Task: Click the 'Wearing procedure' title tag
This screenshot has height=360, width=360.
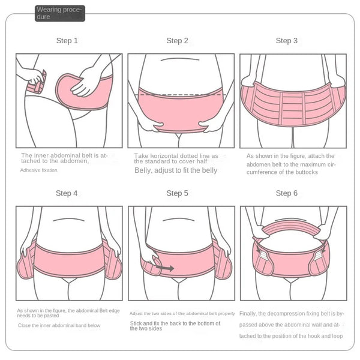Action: (59, 13)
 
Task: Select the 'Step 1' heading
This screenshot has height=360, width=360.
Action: (67, 41)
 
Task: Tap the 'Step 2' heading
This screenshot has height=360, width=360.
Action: (177, 41)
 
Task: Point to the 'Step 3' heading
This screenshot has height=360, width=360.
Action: (287, 41)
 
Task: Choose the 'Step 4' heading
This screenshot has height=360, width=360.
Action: (67, 193)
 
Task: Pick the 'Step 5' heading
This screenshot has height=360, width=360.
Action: (177, 193)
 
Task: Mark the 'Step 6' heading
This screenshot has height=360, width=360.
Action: (287, 193)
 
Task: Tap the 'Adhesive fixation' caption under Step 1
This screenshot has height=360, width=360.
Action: (39, 170)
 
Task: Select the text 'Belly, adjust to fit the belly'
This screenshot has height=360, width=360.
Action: (175, 170)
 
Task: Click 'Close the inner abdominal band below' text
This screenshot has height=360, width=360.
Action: (59, 325)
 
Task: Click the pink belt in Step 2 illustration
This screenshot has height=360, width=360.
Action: (180, 111)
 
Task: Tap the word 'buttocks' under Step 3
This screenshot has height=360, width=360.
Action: (306, 172)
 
